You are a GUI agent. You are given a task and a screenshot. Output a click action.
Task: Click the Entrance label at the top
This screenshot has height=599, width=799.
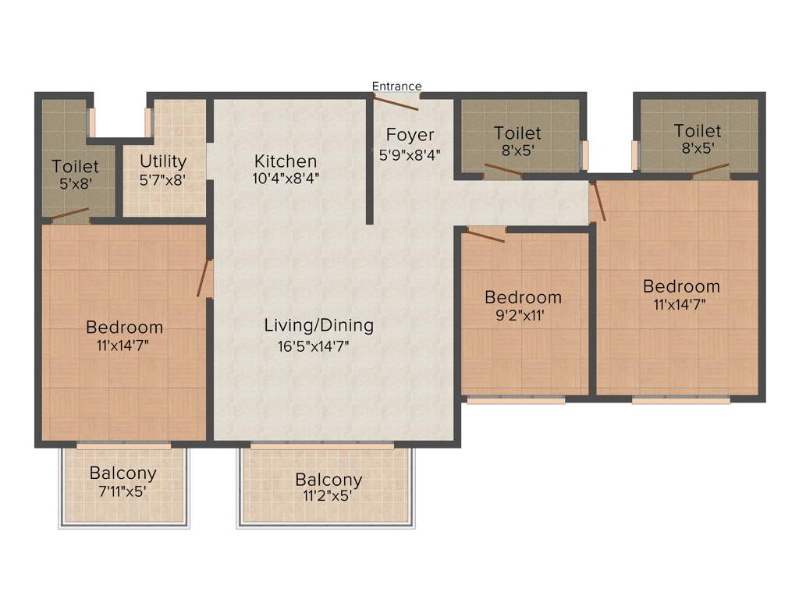pyautogui.click(x=396, y=86)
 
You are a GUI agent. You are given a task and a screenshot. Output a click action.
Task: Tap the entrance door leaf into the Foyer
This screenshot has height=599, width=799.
pyautogui.click(x=397, y=102)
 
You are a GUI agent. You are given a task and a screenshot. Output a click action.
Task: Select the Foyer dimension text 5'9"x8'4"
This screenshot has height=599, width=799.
pyautogui.click(x=410, y=154)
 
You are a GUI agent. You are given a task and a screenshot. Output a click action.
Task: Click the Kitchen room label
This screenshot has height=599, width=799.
pyautogui.click(x=286, y=161)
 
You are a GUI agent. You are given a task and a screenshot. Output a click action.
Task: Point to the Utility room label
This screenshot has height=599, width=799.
pyautogui.click(x=163, y=161)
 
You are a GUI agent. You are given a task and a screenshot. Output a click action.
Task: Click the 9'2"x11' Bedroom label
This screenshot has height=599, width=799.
pyautogui.click(x=523, y=297)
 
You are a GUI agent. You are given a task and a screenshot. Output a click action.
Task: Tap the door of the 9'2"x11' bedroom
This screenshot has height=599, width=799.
pyautogui.click(x=486, y=235)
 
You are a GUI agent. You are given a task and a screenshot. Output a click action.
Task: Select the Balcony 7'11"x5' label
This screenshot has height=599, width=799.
pyautogui.click(x=123, y=473)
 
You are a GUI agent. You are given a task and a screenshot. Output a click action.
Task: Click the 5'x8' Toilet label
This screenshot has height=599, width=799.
pyautogui.click(x=76, y=166)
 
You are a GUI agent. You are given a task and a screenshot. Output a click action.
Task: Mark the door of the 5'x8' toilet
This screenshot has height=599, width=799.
pyautogui.click(x=69, y=215)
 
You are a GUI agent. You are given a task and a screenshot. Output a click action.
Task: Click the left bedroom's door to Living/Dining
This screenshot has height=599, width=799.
pyautogui.click(x=204, y=278)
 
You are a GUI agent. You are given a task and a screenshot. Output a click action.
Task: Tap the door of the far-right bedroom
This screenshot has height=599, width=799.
pyautogui.click(x=597, y=201)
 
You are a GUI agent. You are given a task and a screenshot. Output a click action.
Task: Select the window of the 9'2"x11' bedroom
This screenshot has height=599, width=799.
pyautogui.click(x=515, y=400)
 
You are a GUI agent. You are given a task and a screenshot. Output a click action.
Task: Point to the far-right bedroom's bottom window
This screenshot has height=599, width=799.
pyautogui.click(x=680, y=400)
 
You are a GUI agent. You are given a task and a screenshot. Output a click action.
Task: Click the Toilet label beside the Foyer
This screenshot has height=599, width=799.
pyautogui.click(x=517, y=134)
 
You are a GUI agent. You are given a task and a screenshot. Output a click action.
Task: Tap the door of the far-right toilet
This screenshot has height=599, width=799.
pyautogui.click(x=709, y=170)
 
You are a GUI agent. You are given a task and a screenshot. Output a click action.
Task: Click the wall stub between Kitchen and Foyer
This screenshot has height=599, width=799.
pyautogui.click(x=369, y=161)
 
